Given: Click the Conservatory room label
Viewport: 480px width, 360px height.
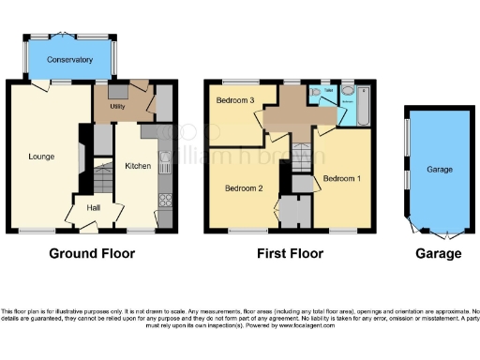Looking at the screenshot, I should click(70, 59).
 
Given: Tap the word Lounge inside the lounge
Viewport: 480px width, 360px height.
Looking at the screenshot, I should click(39, 157).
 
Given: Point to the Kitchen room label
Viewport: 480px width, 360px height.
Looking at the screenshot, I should click(138, 166).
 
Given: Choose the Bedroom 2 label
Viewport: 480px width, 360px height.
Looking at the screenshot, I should click(242, 187).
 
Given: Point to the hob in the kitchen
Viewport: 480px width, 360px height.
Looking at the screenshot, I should click(165, 199).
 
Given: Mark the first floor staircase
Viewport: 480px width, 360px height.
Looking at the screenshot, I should click(302, 157).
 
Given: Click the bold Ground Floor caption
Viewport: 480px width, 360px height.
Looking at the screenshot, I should click(92, 253).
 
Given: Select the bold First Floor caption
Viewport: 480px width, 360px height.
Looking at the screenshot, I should click(290, 253).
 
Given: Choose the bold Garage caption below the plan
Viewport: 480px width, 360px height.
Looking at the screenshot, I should click(439, 253).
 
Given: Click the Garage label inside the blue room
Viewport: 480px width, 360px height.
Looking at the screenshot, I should click(440, 170).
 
